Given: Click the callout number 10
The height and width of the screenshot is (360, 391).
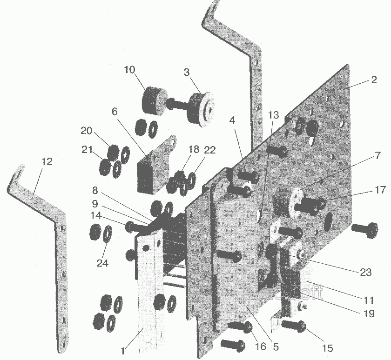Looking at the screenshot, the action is coord(129,70).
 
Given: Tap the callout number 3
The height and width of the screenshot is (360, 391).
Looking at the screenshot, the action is coord(187,73).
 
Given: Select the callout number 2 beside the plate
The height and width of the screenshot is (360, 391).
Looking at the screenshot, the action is coord(374,80).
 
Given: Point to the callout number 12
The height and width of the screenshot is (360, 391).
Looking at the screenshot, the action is coord(47,162).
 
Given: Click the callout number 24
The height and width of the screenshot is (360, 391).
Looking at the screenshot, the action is coord(102,263).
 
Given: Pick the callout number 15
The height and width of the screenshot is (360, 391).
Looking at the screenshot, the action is coord(327,348).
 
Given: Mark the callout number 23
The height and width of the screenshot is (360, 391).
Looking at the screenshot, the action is coord(366,272).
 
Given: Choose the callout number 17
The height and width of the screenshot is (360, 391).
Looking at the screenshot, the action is coord(380,190).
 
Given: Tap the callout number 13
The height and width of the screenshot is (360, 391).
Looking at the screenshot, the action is coord(274,115).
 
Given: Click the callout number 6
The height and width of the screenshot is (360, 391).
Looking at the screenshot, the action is coord(115,112).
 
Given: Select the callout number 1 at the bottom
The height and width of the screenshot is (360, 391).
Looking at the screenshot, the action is coord(123,351).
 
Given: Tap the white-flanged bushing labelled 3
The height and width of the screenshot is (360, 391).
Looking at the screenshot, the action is coord(202,109).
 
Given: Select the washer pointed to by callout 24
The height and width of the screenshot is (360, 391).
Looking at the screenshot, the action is coord(108,233).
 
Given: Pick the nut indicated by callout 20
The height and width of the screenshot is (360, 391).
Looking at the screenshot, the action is coord(113,152).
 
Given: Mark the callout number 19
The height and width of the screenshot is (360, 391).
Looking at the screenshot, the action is coord(369,313).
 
